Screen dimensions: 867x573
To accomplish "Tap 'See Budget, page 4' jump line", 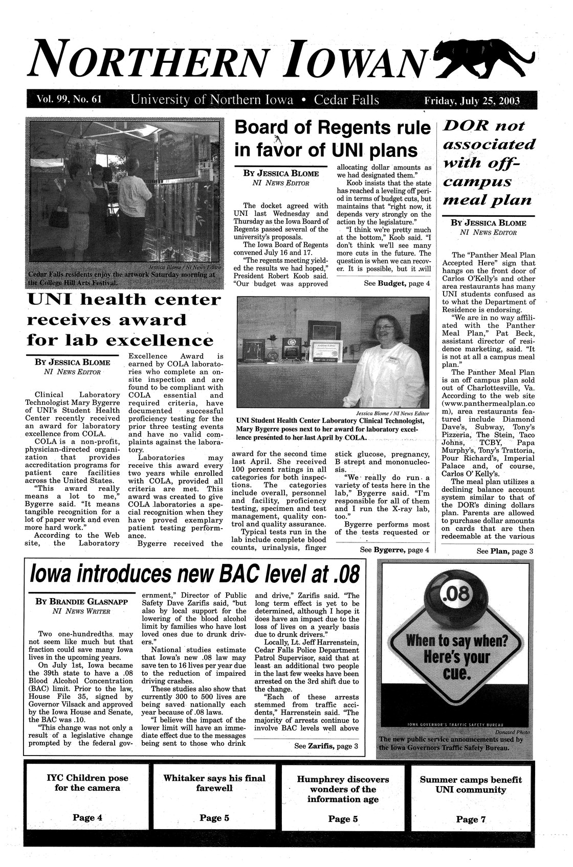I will tap(397, 283).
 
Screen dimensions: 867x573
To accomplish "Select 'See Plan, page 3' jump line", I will tap(504, 551).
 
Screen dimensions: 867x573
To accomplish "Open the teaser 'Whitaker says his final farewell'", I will tap(214, 784).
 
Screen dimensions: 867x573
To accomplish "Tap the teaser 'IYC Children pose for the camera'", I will tap(87, 783).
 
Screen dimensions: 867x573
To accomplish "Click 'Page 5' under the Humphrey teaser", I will tap(342, 819).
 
